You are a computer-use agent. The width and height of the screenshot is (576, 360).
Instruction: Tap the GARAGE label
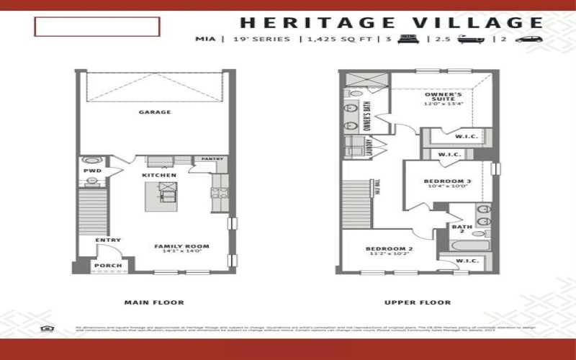(x=155, y=112)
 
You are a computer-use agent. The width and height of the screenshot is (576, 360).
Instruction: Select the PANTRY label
(x=212, y=159)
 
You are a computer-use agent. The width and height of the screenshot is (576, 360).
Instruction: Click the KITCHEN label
(x=159, y=176)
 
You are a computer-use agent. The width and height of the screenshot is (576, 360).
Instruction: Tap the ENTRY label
(x=109, y=240)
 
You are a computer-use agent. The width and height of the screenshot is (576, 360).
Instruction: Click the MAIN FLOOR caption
(x=154, y=302)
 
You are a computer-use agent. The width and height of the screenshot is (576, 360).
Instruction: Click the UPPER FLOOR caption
(x=418, y=302)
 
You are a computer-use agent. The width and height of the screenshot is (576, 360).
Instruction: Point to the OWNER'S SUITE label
(x=443, y=98)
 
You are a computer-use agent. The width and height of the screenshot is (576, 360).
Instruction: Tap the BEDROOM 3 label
(x=447, y=183)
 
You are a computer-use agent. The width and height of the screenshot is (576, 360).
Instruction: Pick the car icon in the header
(x=527, y=39)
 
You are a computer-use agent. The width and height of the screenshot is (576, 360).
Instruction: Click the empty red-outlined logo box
(x=96, y=27)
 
